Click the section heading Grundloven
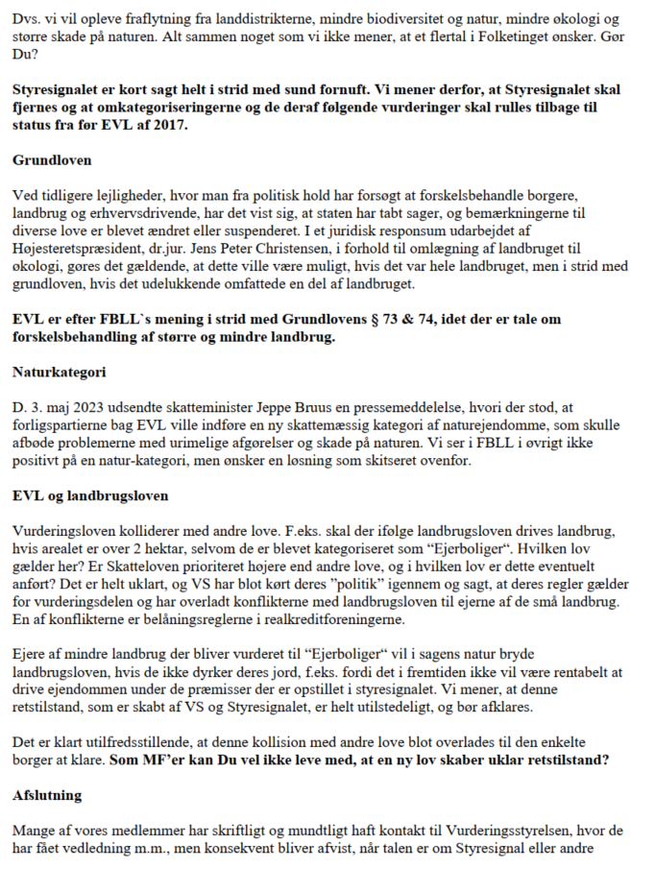pos(52,160)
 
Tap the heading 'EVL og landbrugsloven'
pos(91,495)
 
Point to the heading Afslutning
pos(49,796)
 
